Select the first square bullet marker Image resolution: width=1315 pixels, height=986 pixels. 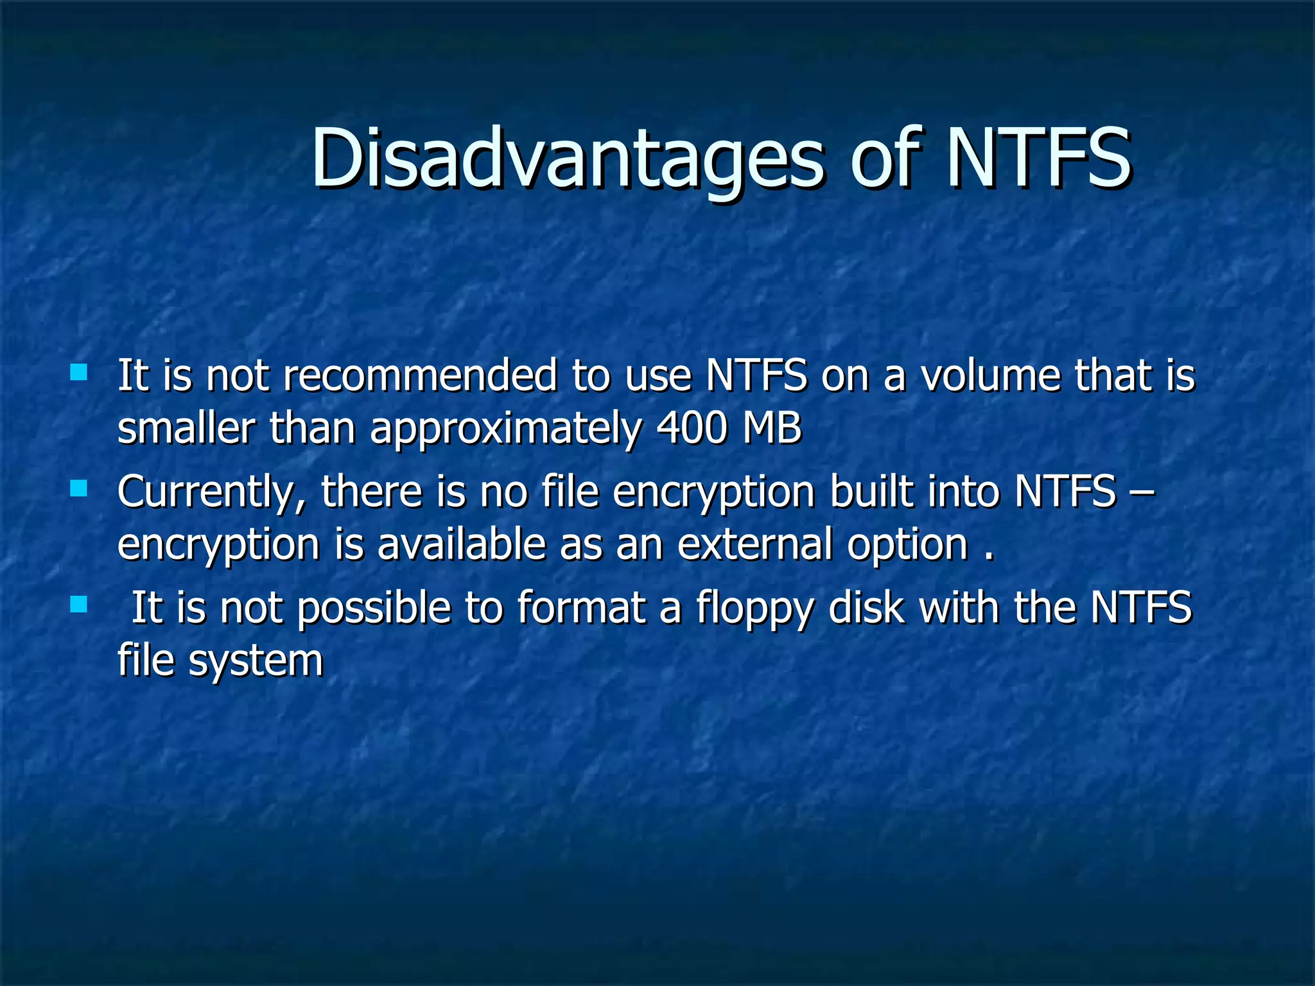pos(78,372)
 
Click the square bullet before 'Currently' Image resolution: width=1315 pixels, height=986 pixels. pos(78,489)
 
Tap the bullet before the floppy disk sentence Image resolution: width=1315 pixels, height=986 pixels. pos(78,604)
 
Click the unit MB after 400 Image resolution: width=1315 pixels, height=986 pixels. pos(772,428)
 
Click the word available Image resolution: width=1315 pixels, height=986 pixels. pos(462,544)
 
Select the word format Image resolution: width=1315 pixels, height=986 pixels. pos(582,607)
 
